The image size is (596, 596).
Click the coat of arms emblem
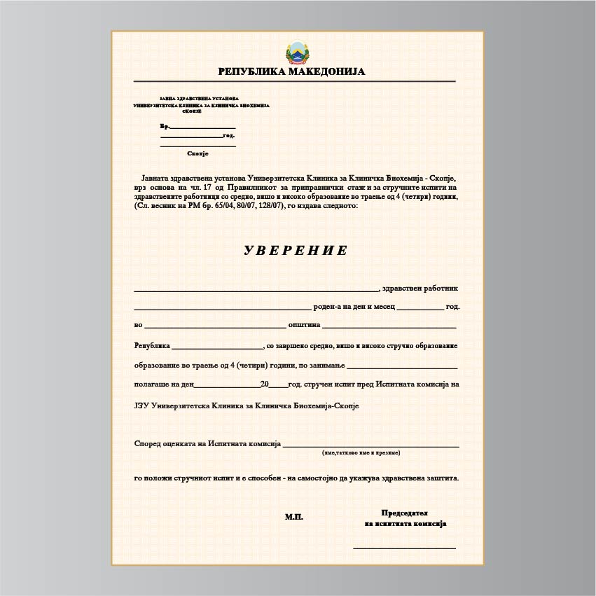click(x=297, y=53)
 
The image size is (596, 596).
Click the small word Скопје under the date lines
click(x=198, y=153)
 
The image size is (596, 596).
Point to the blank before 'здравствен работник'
click(x=256, y=289)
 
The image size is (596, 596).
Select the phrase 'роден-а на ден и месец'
click(x=354, y=307)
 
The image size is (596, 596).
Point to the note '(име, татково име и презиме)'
click(x=361, y=453)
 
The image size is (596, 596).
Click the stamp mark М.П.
click(x=294, y=517)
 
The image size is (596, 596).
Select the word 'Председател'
click(x=404, y=513)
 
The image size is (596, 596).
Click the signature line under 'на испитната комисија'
click(x=404, y=548)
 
